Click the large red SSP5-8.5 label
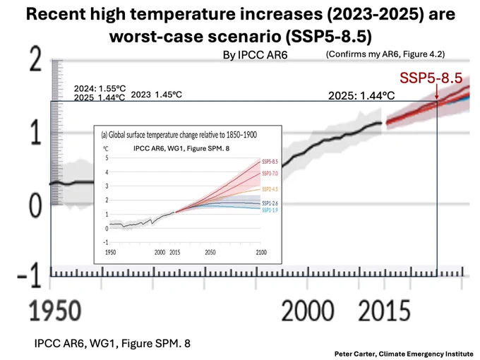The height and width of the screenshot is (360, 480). [431, 78]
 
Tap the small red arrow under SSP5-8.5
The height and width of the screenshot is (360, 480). [437, 92]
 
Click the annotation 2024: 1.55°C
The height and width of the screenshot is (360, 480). [100, 88]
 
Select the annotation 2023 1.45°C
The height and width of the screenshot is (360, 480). [157, 95]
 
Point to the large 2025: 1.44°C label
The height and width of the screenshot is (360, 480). [361, 96]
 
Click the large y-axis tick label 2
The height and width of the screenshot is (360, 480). [35, 59]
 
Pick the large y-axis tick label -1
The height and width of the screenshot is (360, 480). [29, 276]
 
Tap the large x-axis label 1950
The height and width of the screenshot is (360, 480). [55, 311]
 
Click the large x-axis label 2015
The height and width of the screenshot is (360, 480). [384, 311]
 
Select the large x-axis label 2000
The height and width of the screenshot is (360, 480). [307, 311]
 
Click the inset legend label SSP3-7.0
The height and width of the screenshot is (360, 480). [270, 174]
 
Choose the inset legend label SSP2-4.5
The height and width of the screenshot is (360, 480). [270, 189]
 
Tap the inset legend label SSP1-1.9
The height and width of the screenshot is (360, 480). [270, 210]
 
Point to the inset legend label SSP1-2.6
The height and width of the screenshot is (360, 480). [270, 203]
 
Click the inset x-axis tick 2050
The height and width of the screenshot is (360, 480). [210, 253]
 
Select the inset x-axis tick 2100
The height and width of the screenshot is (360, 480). [261, 253]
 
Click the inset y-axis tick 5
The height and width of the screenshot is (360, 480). [107, 158]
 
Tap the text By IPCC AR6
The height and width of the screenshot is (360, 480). [255, 55]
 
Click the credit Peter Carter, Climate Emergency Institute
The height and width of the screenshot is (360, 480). [404, 354]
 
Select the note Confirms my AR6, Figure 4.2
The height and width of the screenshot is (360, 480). [385, 54]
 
